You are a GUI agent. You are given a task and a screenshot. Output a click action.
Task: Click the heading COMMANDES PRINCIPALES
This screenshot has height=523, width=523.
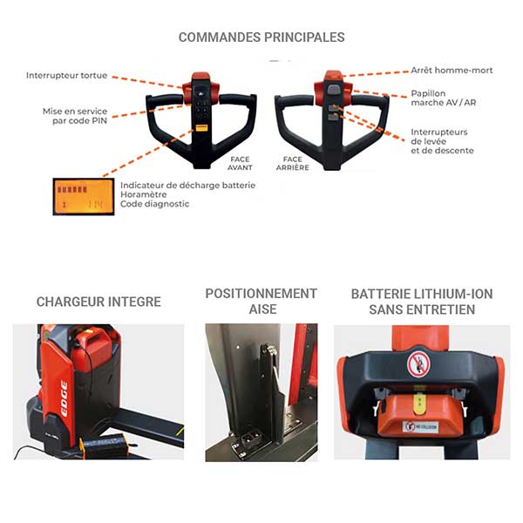[261, 37]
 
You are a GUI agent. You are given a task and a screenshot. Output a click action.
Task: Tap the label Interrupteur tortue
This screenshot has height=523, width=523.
[67, 76]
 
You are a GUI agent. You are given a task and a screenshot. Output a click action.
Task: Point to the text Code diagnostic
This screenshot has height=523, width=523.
[155, 205]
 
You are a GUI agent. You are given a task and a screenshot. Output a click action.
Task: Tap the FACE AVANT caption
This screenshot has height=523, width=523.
[241, 164]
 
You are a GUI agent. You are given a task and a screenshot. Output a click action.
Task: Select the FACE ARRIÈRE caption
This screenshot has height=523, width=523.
[293, 164]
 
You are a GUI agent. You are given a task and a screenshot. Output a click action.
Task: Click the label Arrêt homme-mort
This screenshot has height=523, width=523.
[451, 71]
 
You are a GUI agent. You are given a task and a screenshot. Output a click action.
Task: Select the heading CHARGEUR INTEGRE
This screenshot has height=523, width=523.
[98, 302]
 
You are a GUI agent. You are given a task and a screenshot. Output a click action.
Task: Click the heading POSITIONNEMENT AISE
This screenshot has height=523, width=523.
[261, 301]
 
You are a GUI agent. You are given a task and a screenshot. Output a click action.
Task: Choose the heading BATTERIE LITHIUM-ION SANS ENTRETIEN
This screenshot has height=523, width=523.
[422, 302]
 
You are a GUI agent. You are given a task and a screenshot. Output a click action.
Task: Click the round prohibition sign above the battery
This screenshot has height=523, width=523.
[416, 363]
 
